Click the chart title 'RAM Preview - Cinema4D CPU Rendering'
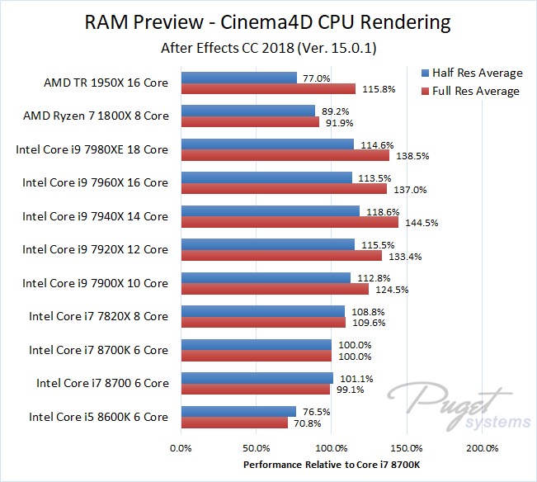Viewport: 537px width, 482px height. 268,22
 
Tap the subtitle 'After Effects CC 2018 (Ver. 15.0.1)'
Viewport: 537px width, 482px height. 268,49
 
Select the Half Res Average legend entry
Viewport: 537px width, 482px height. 469,72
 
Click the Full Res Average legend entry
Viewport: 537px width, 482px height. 469,91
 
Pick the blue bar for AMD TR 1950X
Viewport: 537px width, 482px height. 238,78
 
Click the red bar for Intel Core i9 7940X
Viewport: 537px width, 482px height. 289,222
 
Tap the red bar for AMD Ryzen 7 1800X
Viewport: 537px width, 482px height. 249,122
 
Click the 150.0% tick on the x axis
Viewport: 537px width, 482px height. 407,449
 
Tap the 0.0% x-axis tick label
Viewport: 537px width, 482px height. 180,449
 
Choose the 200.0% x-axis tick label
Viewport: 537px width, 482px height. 482,449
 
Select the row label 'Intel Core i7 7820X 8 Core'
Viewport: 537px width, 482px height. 98,316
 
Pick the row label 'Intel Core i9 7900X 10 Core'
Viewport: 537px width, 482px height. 95,283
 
